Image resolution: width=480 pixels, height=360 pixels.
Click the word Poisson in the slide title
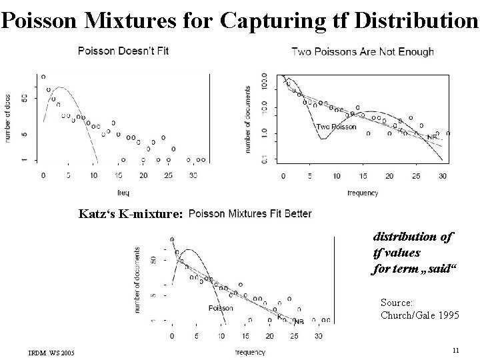click(42, 20)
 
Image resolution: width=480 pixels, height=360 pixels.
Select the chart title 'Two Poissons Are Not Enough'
click(363, 51)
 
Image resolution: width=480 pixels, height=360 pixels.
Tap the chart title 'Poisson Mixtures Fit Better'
click(250, 214)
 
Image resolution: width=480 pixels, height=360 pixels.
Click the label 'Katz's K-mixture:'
click(130, 215)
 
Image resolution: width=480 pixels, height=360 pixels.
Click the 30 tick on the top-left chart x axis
click(193, 175)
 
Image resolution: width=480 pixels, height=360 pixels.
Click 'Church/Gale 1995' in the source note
click(419, 315)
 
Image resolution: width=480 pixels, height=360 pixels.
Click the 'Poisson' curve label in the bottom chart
click(221, 308)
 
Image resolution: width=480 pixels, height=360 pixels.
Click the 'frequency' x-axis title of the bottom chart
click(250, 352)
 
